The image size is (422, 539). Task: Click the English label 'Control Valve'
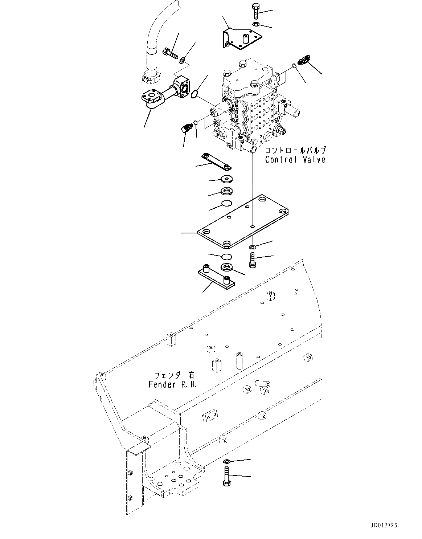(295, 159)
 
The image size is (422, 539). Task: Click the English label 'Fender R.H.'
(173, 384)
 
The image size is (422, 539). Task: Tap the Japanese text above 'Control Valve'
(295, 150)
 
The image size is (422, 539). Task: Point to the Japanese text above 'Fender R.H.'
(173, 375)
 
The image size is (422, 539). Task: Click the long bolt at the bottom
(226, 477)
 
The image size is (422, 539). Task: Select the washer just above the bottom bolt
(226, 461)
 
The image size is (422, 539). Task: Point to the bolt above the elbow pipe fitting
(170, 53)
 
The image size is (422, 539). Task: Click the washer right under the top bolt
(255, 24)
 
